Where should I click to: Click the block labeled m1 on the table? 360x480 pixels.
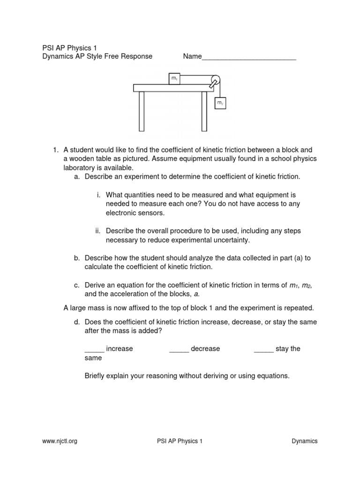click(x=174, y=79)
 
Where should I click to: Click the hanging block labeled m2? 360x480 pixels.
click(x=220, y=102)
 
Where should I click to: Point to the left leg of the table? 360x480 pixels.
click(x=142, y=111)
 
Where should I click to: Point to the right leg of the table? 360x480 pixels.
click(x=204, y=111)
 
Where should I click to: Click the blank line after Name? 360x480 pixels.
click(x=249, y=57)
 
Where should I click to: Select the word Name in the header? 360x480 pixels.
click(x=192, y=56)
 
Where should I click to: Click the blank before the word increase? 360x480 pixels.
click(x=94, y=349)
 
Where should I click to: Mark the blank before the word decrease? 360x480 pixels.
click(x=179, y=349)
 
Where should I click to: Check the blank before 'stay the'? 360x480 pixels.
click(x=263, y=349)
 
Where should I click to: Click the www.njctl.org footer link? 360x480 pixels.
click(x=60, y=441)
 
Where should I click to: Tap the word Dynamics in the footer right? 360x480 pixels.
click(x=304, y=441)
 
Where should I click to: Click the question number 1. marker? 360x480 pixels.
click(x=55, y=150)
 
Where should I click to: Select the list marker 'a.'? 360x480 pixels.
click(x=77, y=177)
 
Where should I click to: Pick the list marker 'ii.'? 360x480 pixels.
click(x=98, y=231)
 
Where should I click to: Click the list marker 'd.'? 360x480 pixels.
click(x=77, y=322)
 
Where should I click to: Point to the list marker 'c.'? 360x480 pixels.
click(x=77, y=285)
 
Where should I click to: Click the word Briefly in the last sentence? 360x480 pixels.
click(x=96, y=375)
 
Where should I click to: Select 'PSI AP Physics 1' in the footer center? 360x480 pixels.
click(x=180, y=441)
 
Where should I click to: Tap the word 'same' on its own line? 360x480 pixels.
click(x=93, y=358)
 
